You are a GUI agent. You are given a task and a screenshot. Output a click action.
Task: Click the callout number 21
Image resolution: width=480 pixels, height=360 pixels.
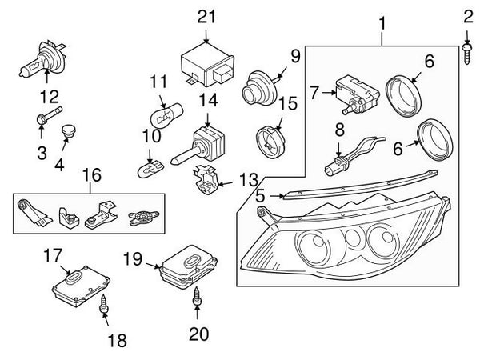(x=206, y=17)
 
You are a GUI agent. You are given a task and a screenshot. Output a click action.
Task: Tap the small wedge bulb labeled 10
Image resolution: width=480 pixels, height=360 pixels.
(x=150, y=170)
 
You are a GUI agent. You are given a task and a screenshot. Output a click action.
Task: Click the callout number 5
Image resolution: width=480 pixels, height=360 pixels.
(x=260, y=196)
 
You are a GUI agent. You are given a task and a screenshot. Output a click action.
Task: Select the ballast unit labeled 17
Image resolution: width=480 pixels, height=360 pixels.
(x=81, y=286)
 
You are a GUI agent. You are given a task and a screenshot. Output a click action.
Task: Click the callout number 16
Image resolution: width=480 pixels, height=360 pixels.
(x=92, y=175)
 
